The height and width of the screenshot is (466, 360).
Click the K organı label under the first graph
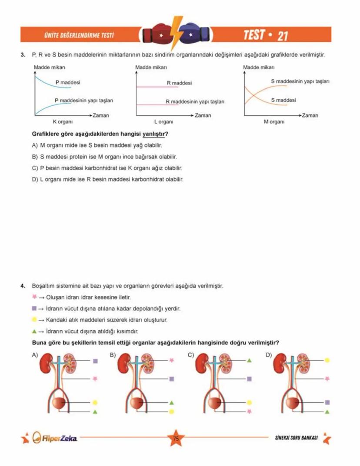pos(63,121)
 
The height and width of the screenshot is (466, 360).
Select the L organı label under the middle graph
pos(163,121)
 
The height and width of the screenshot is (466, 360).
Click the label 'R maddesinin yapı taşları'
pos(195,102)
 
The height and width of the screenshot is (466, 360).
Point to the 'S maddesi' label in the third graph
pos(283,100)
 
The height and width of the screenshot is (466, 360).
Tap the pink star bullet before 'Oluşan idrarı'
pos(34,297)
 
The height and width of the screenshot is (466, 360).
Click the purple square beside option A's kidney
pos(95,361)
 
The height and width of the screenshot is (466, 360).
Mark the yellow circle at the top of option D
pos(327,360)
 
